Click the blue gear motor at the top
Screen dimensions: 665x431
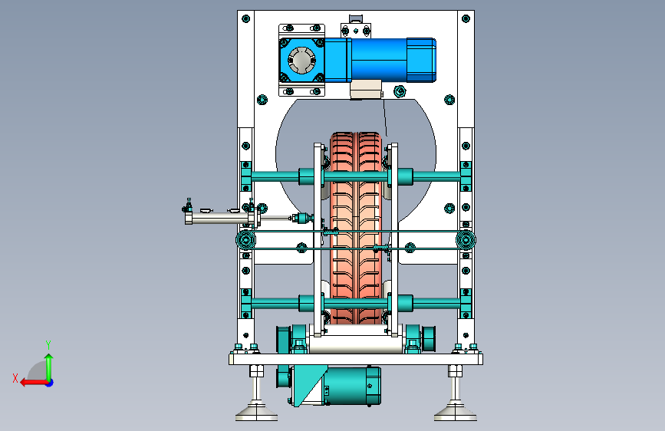coord(357,60)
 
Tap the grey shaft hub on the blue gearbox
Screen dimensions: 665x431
coord(301,61)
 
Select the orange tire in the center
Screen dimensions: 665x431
coord(356,228)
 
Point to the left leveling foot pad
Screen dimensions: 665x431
coord(257,413)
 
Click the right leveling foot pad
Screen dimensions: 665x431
coord(455,413)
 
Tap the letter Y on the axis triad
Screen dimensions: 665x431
coord(48,344)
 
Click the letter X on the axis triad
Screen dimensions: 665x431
coord(15,378)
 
